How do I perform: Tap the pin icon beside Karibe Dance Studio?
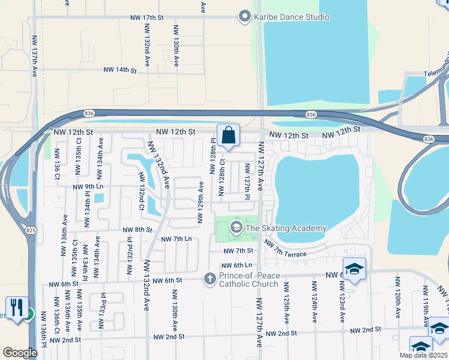pyautogui.click(x=244, y=17)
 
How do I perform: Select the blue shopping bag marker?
pyautogui.click(x=229, y=136)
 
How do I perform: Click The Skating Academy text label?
pyautogui.click(x=286, y=228)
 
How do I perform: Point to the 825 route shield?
pyautogui.click(x=29, y=230)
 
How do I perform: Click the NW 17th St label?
pyautogui.click(x=146, y=18)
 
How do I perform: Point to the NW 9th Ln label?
pyautogui.click(x=88, y=187)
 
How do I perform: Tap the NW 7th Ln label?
pyautogui.click(x=176, y=239)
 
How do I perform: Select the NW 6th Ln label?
pyautogui.click(x=236, y=265)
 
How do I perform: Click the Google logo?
pyautogui.click(x=20, y=353)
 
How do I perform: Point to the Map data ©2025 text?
pyautogui.click(x=423, y=355)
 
